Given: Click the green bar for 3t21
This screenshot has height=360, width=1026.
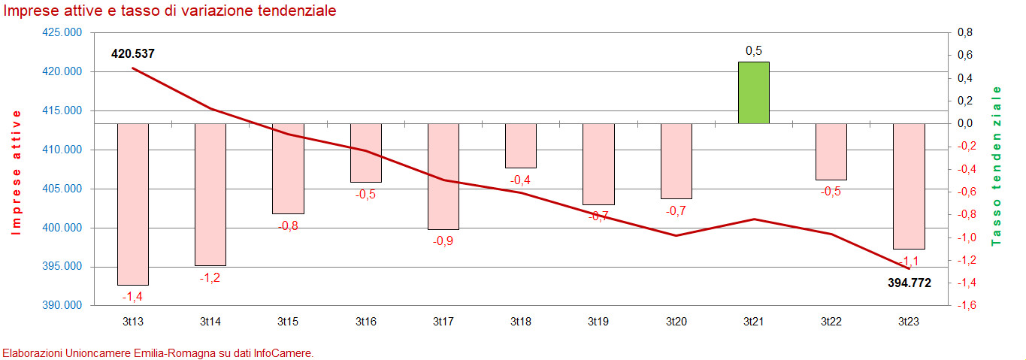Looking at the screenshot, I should point(753,92).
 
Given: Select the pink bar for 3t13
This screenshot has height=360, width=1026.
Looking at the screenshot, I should point(132,204).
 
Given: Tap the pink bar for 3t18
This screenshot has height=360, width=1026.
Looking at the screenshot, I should point(520,145).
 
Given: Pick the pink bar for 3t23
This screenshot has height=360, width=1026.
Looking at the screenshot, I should point(909,186).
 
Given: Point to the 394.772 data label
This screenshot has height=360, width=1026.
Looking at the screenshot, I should point(906,283).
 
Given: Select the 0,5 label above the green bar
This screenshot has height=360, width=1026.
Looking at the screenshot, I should point(753,50).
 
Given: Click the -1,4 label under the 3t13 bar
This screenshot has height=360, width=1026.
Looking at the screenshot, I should point(132,297).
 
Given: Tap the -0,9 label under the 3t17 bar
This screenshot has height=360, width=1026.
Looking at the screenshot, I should point(443,241).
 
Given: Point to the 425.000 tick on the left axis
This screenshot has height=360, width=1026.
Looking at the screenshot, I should point(62,33).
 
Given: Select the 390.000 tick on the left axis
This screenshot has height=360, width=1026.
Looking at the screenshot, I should point(62,306).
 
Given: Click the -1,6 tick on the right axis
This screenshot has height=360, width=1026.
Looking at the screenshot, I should point(965,306).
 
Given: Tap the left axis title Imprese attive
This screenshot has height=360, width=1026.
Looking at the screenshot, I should point(17,172).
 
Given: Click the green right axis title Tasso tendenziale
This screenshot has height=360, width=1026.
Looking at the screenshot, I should point(997,166).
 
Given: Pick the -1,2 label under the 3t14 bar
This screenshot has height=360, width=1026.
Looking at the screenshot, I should point(210,277).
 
